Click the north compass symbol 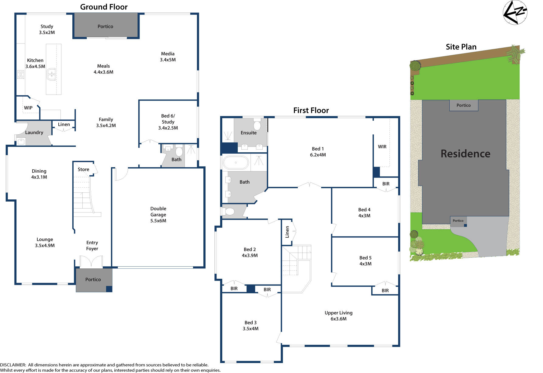pyautogui.click(x=515, y=12)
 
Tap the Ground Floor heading pyautogui.click(x=104, y=7)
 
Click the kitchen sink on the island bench pyautogui.click(x=51, y=74)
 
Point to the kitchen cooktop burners pyautogui.click(x=21, y=74)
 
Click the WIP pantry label pyautogui.click(x=28, y=108)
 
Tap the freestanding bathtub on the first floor pyautogui.click(x=236, y=163)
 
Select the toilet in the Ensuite pyautogui.click(x=257, y=125)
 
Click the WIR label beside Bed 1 pyautogui.click(x=382, y=147)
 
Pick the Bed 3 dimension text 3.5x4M pyautogui.click(x=251, y=329)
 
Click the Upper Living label pyautogui.click(x=338, y=313)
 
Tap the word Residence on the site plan pyautogui.click(x=465, y=154)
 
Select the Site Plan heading pyautogui.click(x=461, y=47)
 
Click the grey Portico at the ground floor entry pyautogui.click(x=93, y=279)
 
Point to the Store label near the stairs pyautogui.click(x=83, y=169)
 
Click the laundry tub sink pyautogui.click(x=21, y=141)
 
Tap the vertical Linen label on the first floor pyautogui.click(x=287, y=232)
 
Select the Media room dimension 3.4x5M pyautogui.click(x=168, y=60)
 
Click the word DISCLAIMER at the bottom pyautogui.click(x=13, y=365)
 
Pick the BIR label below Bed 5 pyautogui.click(x=385, y=291)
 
